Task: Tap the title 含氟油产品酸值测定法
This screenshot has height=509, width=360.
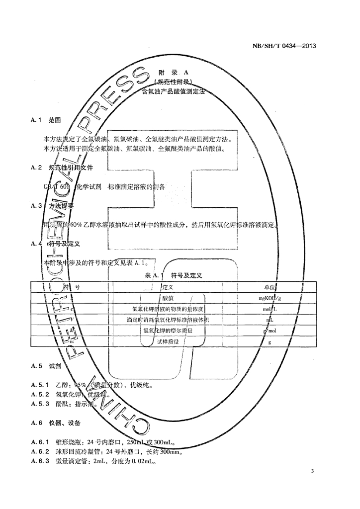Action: point(173,92)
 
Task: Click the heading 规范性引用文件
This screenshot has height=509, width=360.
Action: point(70,168)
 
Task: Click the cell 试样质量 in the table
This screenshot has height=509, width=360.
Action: point(168,342)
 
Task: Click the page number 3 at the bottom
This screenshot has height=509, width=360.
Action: point(312,471)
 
